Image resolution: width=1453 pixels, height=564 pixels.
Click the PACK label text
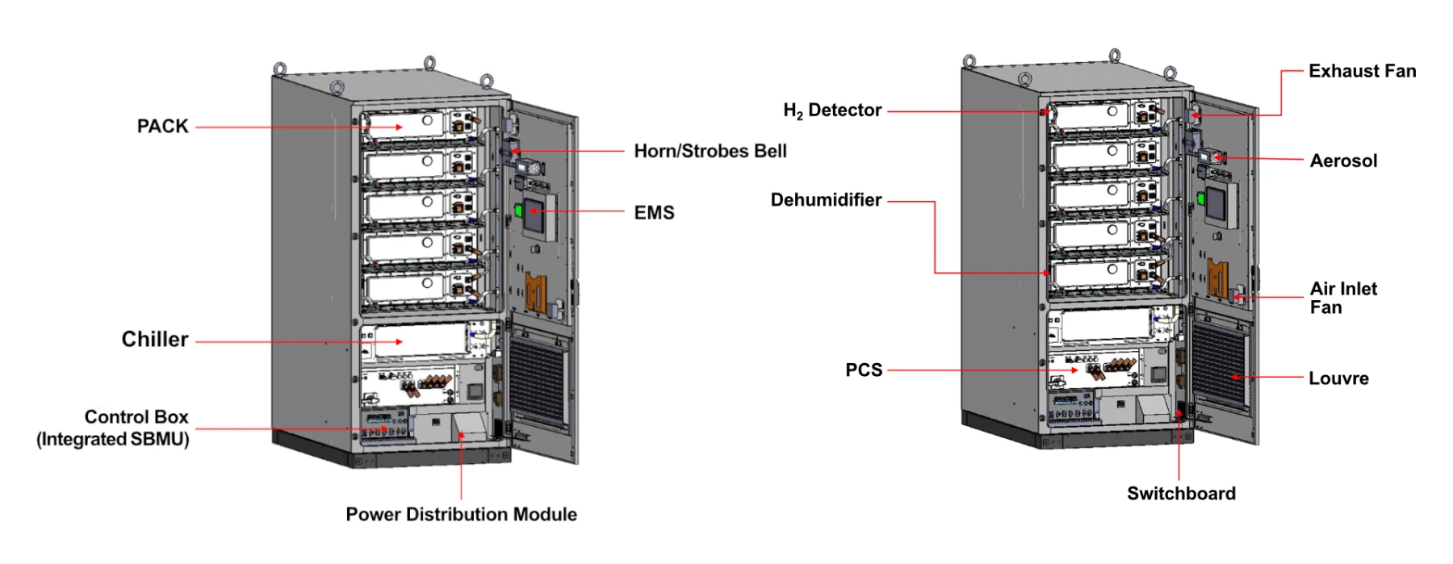(x=162, y=127)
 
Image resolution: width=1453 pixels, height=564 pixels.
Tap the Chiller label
(x=155, y=340)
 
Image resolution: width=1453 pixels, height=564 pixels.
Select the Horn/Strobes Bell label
(x=710, y=151)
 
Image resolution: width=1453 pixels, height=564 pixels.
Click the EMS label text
(x=654, y=213)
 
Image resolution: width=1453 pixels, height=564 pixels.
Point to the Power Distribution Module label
(x=461, y=515)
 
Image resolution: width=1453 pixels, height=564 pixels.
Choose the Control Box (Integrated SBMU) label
(x=113, y=428)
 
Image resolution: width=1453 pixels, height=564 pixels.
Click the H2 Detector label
(x=831, y=111)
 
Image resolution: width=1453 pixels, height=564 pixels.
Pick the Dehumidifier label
(x=826, y=200)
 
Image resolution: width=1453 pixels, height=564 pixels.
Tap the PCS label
(x=864, y=370)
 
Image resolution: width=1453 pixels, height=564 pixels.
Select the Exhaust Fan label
(x=1362, y=71)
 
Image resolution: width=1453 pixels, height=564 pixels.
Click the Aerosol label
(x=1343, y=161)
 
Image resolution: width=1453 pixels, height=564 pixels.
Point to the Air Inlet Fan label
(x=1343, y=298)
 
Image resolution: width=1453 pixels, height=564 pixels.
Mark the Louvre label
(x=1338, y=378)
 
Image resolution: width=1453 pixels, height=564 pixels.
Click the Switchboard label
(x=1181, y=494)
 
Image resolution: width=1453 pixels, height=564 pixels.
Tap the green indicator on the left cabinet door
(x=517, y=210)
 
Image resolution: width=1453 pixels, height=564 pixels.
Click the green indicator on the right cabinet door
(x=1200, y=198)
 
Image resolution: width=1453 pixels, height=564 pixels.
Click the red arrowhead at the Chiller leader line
(x=400, y=342)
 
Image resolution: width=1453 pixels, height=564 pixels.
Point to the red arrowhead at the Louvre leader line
(x=1234, y=378)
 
